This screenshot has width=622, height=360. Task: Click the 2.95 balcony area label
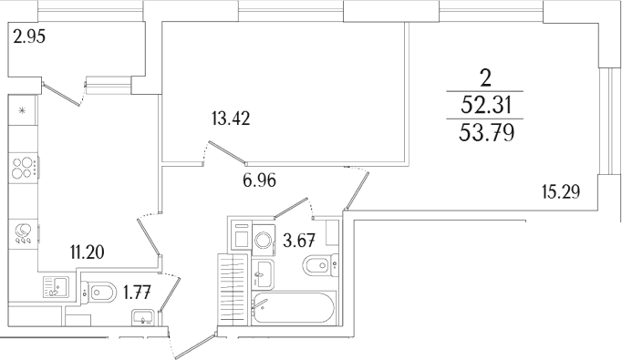click(x=29, y=36)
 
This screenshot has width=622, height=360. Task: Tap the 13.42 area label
click(x=231, y=118)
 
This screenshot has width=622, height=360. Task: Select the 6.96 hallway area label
click(x=259, y=180)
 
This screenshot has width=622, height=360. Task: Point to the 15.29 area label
click(x=561, y=192)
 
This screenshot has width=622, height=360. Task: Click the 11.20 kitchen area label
click(x=88, y=252)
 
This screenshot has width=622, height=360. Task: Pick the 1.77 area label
click(x=137, y=293)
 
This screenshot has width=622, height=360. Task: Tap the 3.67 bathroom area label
click(x=299, y=241)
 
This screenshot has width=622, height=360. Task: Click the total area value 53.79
click(x=487, y=133)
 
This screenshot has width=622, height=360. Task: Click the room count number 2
click(x=485, y=78)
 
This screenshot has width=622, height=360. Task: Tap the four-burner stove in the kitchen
click(x=24, y=168)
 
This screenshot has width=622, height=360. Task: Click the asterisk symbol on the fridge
click(x=22, y=110)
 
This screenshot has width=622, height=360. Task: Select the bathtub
click(x=294, y=308)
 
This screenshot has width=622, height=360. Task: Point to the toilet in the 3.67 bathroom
click(x=320, y=264)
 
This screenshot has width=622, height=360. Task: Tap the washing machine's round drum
click(x=263, y=240)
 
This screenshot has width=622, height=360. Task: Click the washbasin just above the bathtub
click(x=263, y=274)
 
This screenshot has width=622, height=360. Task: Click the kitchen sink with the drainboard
click(x=56, y=287)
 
